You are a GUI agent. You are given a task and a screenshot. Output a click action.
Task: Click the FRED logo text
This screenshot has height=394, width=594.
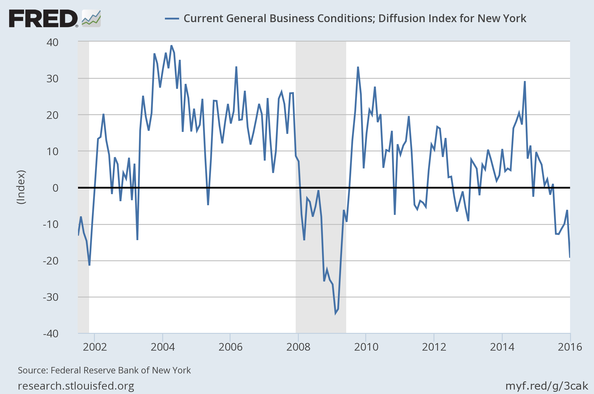[43, 18]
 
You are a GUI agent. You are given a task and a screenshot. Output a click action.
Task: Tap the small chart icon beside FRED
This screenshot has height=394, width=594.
[91, 18]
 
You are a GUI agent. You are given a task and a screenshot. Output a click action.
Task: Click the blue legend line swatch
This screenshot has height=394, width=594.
[172, 19]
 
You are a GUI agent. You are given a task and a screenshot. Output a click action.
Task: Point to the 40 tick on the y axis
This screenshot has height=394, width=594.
[52, 42]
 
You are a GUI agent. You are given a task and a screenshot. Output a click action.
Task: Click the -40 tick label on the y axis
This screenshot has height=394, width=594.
[51, 334]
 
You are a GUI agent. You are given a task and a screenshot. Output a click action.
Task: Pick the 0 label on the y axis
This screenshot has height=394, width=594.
[55, 188]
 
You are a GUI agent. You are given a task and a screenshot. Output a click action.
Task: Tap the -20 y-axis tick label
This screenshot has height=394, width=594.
[51, 261]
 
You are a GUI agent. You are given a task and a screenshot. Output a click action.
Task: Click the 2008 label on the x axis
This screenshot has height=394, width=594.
[298, 347]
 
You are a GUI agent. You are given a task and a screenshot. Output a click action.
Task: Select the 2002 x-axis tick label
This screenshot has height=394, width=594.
[95, 347]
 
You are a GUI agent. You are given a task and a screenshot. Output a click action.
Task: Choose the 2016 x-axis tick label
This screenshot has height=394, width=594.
[570, 347]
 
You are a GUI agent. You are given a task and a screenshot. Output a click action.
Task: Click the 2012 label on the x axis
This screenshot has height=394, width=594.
[434, 347]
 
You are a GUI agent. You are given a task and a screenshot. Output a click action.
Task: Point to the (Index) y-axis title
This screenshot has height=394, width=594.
[21, 187]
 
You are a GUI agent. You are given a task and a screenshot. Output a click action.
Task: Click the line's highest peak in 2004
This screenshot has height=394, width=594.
[171, 46]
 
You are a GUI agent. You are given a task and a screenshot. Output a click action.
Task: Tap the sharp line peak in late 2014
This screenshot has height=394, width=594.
[525, 81]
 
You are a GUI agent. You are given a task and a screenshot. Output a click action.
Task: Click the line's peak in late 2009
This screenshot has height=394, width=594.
[358, 67]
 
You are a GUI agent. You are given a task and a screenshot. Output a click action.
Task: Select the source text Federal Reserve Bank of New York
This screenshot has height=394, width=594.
[121, 370]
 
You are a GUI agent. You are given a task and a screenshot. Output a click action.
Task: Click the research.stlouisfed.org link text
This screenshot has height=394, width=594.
[76, 386]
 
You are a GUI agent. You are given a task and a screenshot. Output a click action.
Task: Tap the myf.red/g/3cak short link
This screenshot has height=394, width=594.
[546, 386]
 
